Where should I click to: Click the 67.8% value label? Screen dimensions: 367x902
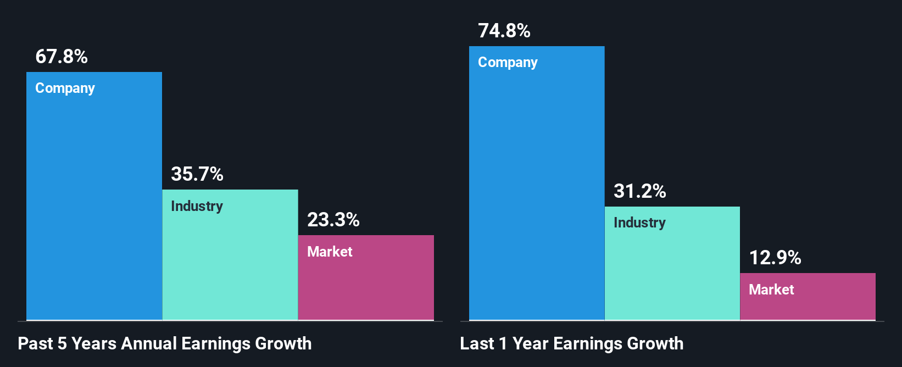tap(62, 57)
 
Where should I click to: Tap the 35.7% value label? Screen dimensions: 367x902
tap(197, 174)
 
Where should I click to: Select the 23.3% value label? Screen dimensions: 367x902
tap(333, 220)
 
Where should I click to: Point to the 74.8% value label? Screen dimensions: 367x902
tap(504, 31)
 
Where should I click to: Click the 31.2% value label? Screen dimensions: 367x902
tap(640, 191)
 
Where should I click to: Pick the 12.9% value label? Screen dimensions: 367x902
tap(775, 258)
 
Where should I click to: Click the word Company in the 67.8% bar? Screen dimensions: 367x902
tap(65, 88)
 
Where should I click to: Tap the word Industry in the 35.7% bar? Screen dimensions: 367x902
tap(197, 206)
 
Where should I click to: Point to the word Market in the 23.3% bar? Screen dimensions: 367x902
tap(330, 252)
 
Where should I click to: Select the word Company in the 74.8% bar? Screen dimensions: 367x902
tap(508, 63)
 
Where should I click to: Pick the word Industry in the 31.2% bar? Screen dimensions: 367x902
tap(639, 223)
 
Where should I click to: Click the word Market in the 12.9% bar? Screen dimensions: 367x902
tap(771, 290)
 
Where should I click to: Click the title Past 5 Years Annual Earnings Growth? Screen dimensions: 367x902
tap(165, 344)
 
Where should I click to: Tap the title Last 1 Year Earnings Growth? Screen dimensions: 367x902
tap(572, 344)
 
